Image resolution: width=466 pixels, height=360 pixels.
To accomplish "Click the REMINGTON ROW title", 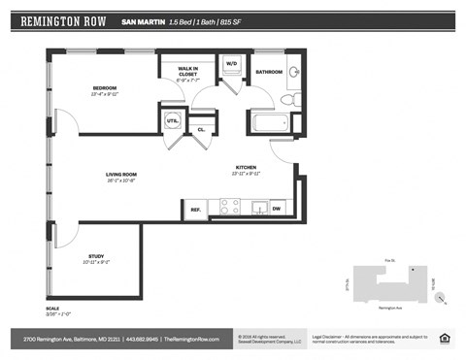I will tap(64, 20).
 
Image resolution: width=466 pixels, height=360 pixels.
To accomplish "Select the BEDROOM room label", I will tap(105, 89).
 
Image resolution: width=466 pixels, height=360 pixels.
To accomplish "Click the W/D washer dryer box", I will tap(232, 64).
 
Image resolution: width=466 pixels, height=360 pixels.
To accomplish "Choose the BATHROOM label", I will tap(269, 72).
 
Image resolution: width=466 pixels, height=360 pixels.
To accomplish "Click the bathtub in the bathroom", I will tap(269, 124).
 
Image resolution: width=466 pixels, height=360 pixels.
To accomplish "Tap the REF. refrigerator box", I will tap(195, 209).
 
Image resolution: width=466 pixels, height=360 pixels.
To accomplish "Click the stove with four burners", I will tap(229, 207).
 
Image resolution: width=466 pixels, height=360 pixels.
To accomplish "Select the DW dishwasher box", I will tap(277, 209).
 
